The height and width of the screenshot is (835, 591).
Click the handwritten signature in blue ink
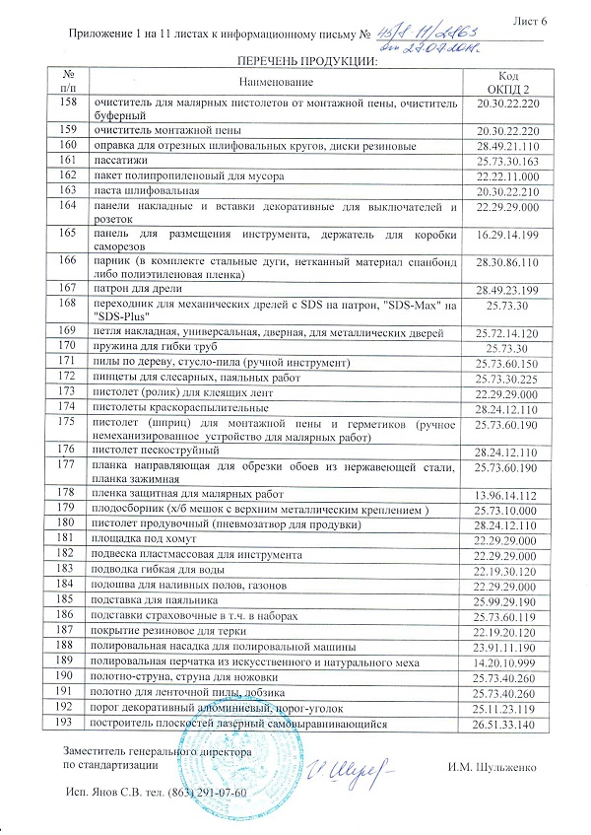pos(342,765)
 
